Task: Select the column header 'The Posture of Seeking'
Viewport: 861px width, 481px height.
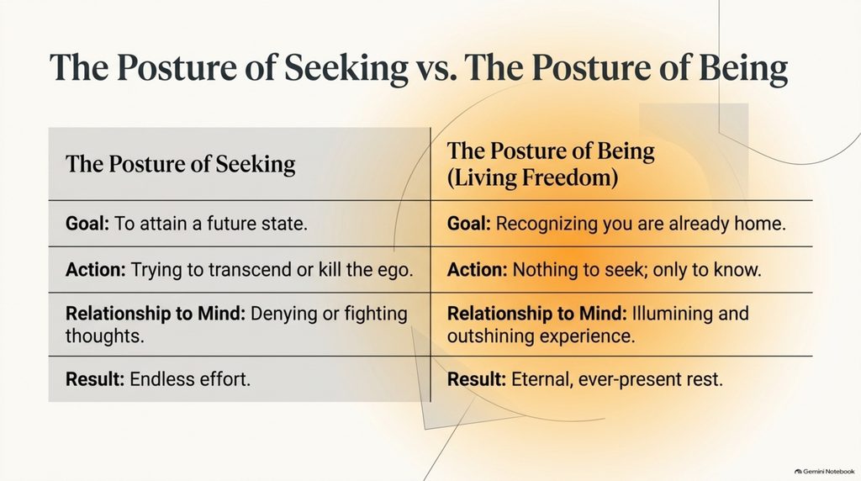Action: tap(181, 165)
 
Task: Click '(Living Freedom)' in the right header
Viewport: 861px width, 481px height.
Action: tap(532, 178)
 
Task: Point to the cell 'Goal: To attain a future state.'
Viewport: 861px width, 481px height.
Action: tap(187, 224)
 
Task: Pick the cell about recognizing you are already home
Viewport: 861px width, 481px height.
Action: tap(616, 224)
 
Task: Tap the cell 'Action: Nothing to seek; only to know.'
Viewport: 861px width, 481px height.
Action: tap(605, 270)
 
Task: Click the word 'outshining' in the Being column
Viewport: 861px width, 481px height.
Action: tap(490, 336)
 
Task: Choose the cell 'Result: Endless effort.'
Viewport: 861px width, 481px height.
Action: tap(158, 379)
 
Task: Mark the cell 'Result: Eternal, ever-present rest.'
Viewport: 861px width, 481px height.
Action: tap(585, 379)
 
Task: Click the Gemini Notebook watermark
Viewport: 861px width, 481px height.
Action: tap(824, 471)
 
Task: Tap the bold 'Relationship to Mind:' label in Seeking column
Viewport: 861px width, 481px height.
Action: tap(156, 314)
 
